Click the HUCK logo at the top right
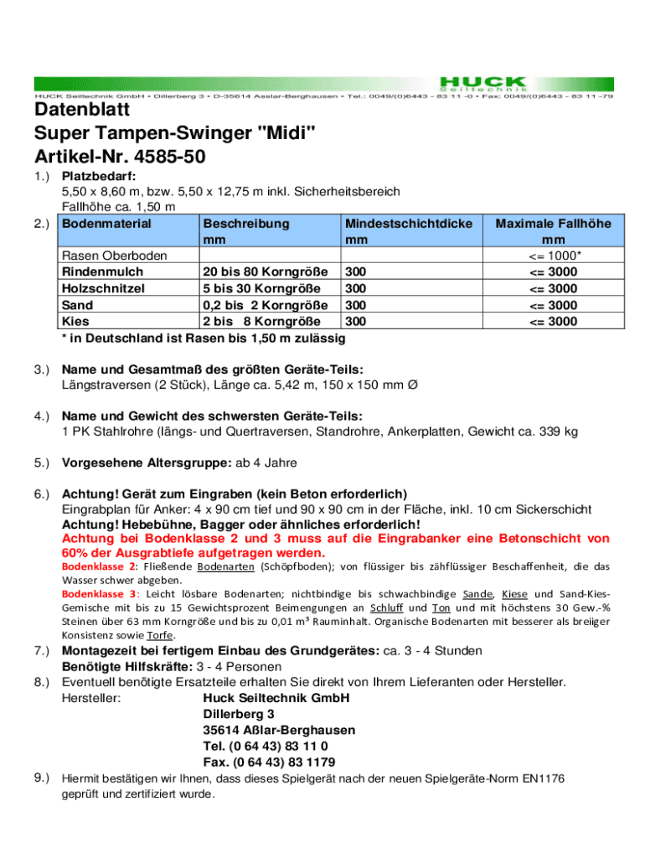(483, 82)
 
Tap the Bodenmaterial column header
(106, 224)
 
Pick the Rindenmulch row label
(102, 272)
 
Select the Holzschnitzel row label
(103, 289)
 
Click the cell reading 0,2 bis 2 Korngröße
(265, 305)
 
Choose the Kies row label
(76, 321)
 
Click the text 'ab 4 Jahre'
(268, 463)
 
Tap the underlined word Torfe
(159, 634)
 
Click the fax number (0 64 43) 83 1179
(270, 762)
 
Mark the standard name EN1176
(543, 778)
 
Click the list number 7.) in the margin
(44, 650)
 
